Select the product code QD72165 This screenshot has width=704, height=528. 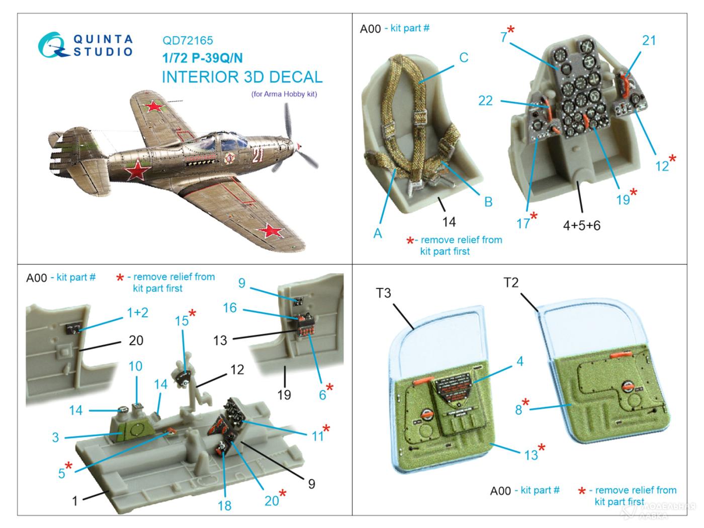(188, 40)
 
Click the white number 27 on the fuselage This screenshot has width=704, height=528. (257, 155)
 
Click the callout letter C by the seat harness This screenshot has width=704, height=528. (464, 57)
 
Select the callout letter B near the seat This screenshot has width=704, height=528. (488, 202)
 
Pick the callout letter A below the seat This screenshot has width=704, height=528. (378, 233)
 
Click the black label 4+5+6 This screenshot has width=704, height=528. (582, 225)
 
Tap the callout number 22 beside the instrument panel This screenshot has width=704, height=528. (485, 101)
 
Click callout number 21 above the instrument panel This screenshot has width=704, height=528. (649, 40)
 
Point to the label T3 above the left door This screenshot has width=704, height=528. (383, 293)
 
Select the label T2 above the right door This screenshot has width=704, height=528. (511, 283)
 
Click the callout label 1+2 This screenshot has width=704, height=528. (137, 312)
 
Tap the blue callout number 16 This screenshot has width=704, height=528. (229, 307)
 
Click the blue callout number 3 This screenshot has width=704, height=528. (55, 437)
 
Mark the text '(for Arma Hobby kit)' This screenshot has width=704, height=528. (284, 94)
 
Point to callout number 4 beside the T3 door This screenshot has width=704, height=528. (519, 361)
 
